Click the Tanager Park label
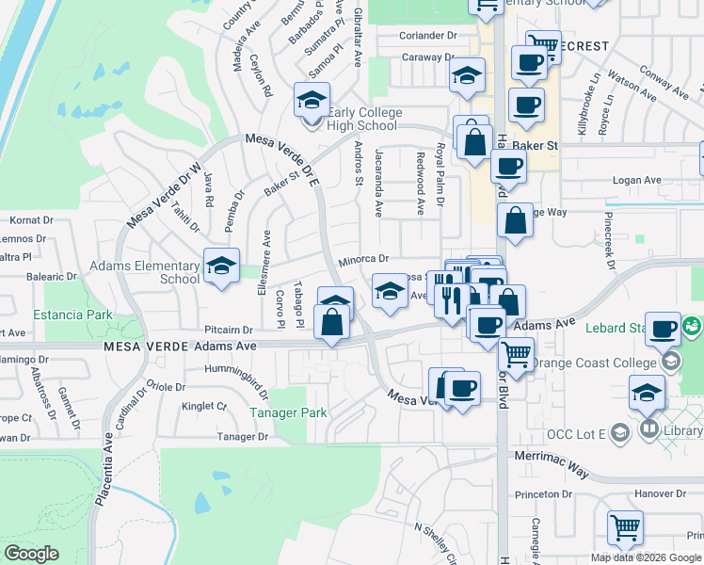pos(287,412)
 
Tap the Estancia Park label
pos(72,315)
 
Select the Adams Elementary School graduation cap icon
pos(221,266)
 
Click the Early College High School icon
pos(312,101)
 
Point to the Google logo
pos(31,554)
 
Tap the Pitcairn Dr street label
pos(230,331)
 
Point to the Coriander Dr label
pos(427,36)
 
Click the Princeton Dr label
pos(543,493)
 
